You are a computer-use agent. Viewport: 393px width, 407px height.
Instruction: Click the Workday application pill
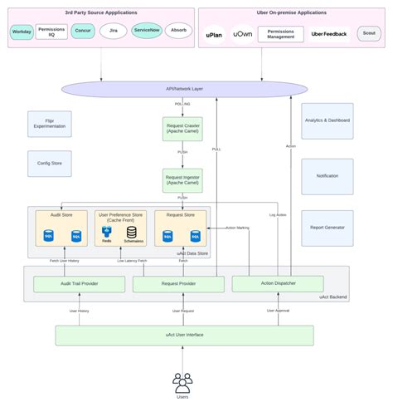(x=22, y=32)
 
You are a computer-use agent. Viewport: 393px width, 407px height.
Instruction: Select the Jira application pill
(x=114, y=32)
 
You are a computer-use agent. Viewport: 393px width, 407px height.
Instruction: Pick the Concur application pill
(x=83, y=32)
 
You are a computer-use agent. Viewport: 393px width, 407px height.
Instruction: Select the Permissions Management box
(x=280, y=33)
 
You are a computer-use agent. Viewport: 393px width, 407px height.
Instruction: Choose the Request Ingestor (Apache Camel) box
(x=182, y=180)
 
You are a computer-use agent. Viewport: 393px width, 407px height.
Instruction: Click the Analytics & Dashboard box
(x=327, y=120)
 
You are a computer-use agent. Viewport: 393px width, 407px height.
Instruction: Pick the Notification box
(x=327, y=176)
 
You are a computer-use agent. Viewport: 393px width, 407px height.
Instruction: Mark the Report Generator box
(x=327, y=227)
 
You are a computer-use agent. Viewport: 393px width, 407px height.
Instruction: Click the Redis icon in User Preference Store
(x=107, y=235)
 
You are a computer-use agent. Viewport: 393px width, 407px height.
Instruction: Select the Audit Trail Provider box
(x=79, y=284)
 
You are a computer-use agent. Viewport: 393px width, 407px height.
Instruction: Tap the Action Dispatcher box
(x=277, y=283)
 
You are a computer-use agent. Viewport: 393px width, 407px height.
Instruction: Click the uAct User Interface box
(x=184, y=335)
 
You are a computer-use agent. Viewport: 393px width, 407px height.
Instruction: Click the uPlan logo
(x=216, y=34)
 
